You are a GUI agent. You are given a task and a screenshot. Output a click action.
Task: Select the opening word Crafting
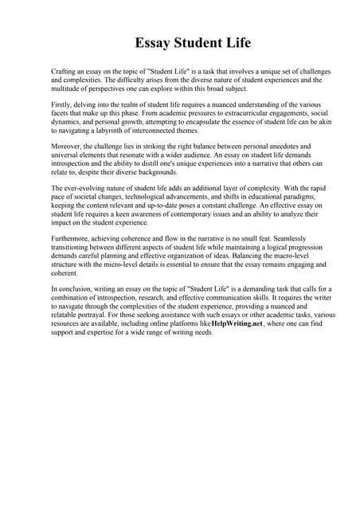coord(65,72)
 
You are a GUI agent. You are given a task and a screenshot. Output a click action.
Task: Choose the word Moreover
coord(66,146)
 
